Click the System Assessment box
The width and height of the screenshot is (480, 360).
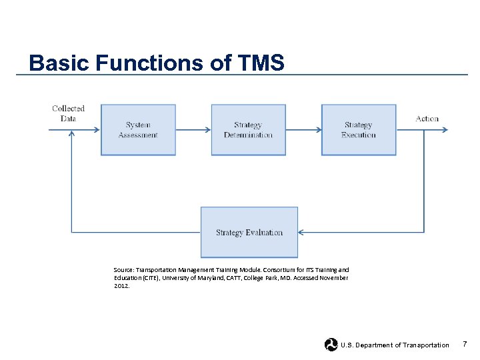(x=138, y=130)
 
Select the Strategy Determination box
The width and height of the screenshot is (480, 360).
(x=248, y=130)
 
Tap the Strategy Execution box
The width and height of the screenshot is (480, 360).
(x=359, y=130)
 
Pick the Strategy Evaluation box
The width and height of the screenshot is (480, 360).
(x=249, y=233)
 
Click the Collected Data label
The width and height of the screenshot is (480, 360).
(x=68, y=113)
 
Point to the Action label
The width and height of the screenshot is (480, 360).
(x=427, y=119)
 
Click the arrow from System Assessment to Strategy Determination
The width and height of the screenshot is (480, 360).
(x=193, y=130)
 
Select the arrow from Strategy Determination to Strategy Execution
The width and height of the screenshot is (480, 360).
(x=303, y=130)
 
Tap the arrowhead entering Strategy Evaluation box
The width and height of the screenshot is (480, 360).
(x=301, y=233)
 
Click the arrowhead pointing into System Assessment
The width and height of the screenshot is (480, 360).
(x=97, y=130)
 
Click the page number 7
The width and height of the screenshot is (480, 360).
(x=465, y=344)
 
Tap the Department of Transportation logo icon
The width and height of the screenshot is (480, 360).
(x=331, y=345)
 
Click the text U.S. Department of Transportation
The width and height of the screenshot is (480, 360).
(x=395, y=345)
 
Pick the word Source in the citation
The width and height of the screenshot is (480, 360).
(x=123, y=270)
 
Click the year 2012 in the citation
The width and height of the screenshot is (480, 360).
(x=121, y=285)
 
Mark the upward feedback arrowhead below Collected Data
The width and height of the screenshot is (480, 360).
(x=71, y=134)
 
